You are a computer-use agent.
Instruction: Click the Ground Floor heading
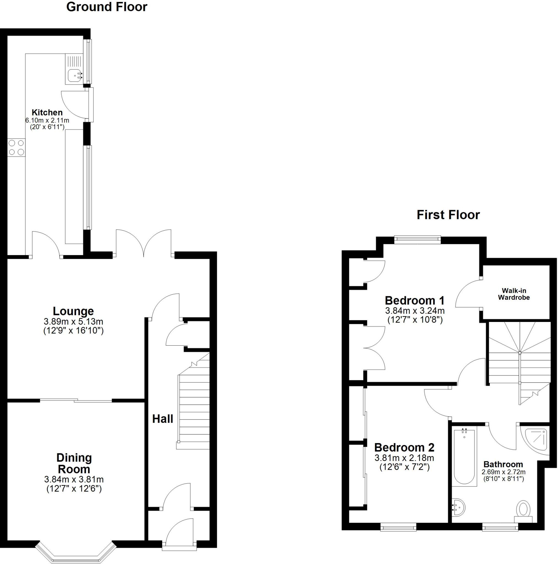pos(107,7)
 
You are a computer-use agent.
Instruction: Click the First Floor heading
pos(448,215)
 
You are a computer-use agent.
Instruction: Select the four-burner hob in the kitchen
pos(16,147)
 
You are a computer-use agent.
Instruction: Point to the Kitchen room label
pos(47,112)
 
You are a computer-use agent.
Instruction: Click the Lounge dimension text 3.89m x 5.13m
pos(73,322)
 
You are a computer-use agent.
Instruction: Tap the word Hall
pos(163,419)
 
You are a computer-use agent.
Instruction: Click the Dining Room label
pos(74,463)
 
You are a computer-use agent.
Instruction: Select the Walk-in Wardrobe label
pos(514,294)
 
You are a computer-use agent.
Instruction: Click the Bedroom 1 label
pos(415,300)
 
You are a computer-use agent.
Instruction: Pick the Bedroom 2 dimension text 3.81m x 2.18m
pos(404,458)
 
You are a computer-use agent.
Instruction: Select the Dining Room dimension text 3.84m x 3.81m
pos(74,479)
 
